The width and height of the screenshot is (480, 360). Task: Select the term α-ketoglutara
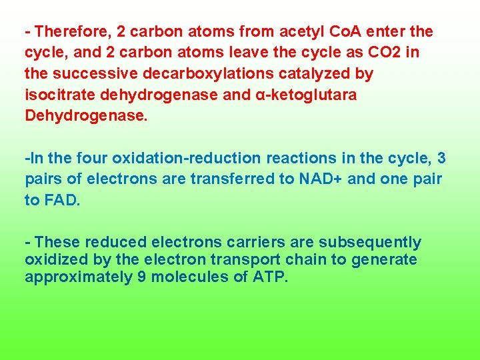click(x=306, y=95)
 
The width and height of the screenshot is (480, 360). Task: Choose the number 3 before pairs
click(x=441, y=158)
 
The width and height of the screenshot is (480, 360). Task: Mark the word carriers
click(x=275, y=242)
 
